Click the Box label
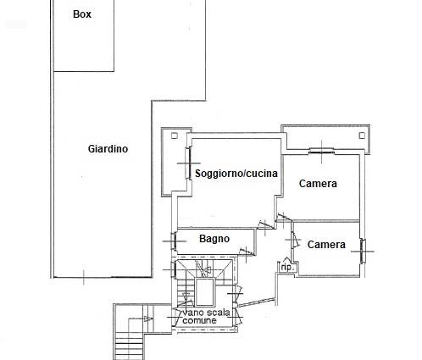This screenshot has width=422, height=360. click(x=82, y=14)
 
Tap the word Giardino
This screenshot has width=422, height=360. click(x=108, y=149)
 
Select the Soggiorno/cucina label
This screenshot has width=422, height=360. click(x=236, y=173)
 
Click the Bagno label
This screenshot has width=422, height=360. click(x=214, y=239)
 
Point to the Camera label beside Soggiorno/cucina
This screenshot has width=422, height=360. click(x=318, y=184)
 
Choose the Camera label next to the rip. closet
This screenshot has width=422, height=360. click(x=326, y=245)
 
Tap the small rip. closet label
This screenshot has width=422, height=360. click(x=287, y=267)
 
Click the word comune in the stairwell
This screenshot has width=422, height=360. click(x=199, y=320)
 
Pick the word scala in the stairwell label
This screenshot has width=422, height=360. click(x=219, y=313)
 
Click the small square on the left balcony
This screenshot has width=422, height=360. click(x=175, y=136)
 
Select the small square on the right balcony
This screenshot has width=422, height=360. click(x=362, y=136)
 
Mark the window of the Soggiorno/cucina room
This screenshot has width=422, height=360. click(x=188, y=163)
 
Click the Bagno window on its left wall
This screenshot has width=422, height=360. click(x=174, y=241)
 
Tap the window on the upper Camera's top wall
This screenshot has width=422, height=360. click(x=322, y=152)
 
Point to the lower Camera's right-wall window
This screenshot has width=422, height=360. click(x=363, y=251)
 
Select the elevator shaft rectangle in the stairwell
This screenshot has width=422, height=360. click(x=205, y=292)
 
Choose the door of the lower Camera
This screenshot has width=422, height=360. click(x=295, y=240)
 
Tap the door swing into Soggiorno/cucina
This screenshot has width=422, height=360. click(x=266, y=224)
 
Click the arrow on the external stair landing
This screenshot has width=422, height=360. click(x=148, y=319)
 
